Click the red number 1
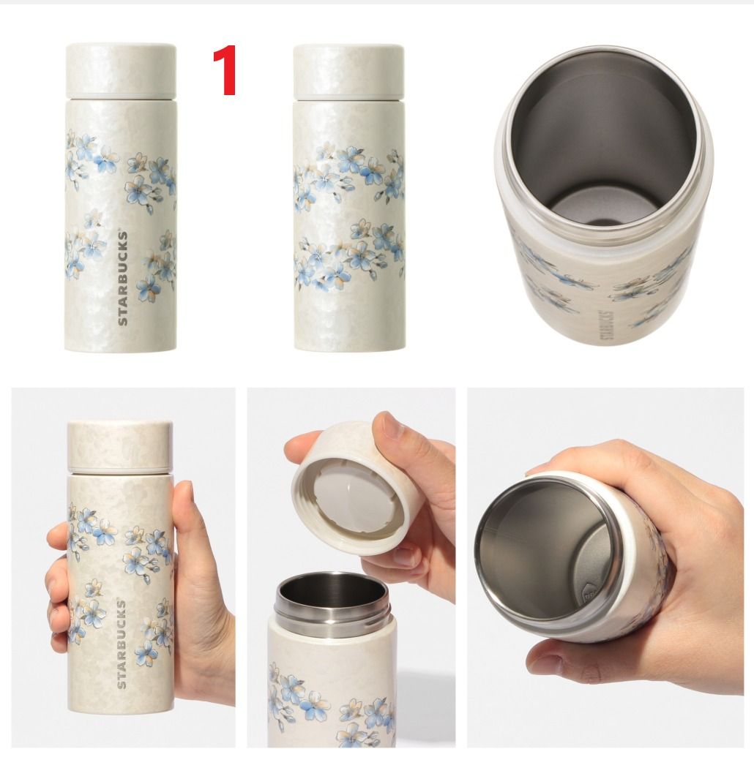(x=225, y=70)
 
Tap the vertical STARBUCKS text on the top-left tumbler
(x=123, y=278)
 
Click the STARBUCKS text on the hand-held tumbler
(x=121, y=644)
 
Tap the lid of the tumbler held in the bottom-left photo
(x=120, y=447)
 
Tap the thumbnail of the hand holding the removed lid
(x=390, y=426)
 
